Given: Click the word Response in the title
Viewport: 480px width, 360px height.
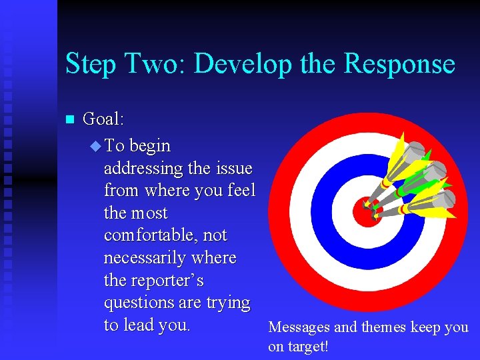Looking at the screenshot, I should pos(399,64).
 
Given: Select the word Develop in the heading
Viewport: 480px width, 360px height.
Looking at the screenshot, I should pos(243,65).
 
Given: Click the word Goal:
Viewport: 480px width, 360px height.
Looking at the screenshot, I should pos(103,119).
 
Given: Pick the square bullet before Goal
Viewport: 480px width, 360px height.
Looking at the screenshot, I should pos(68,120).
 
